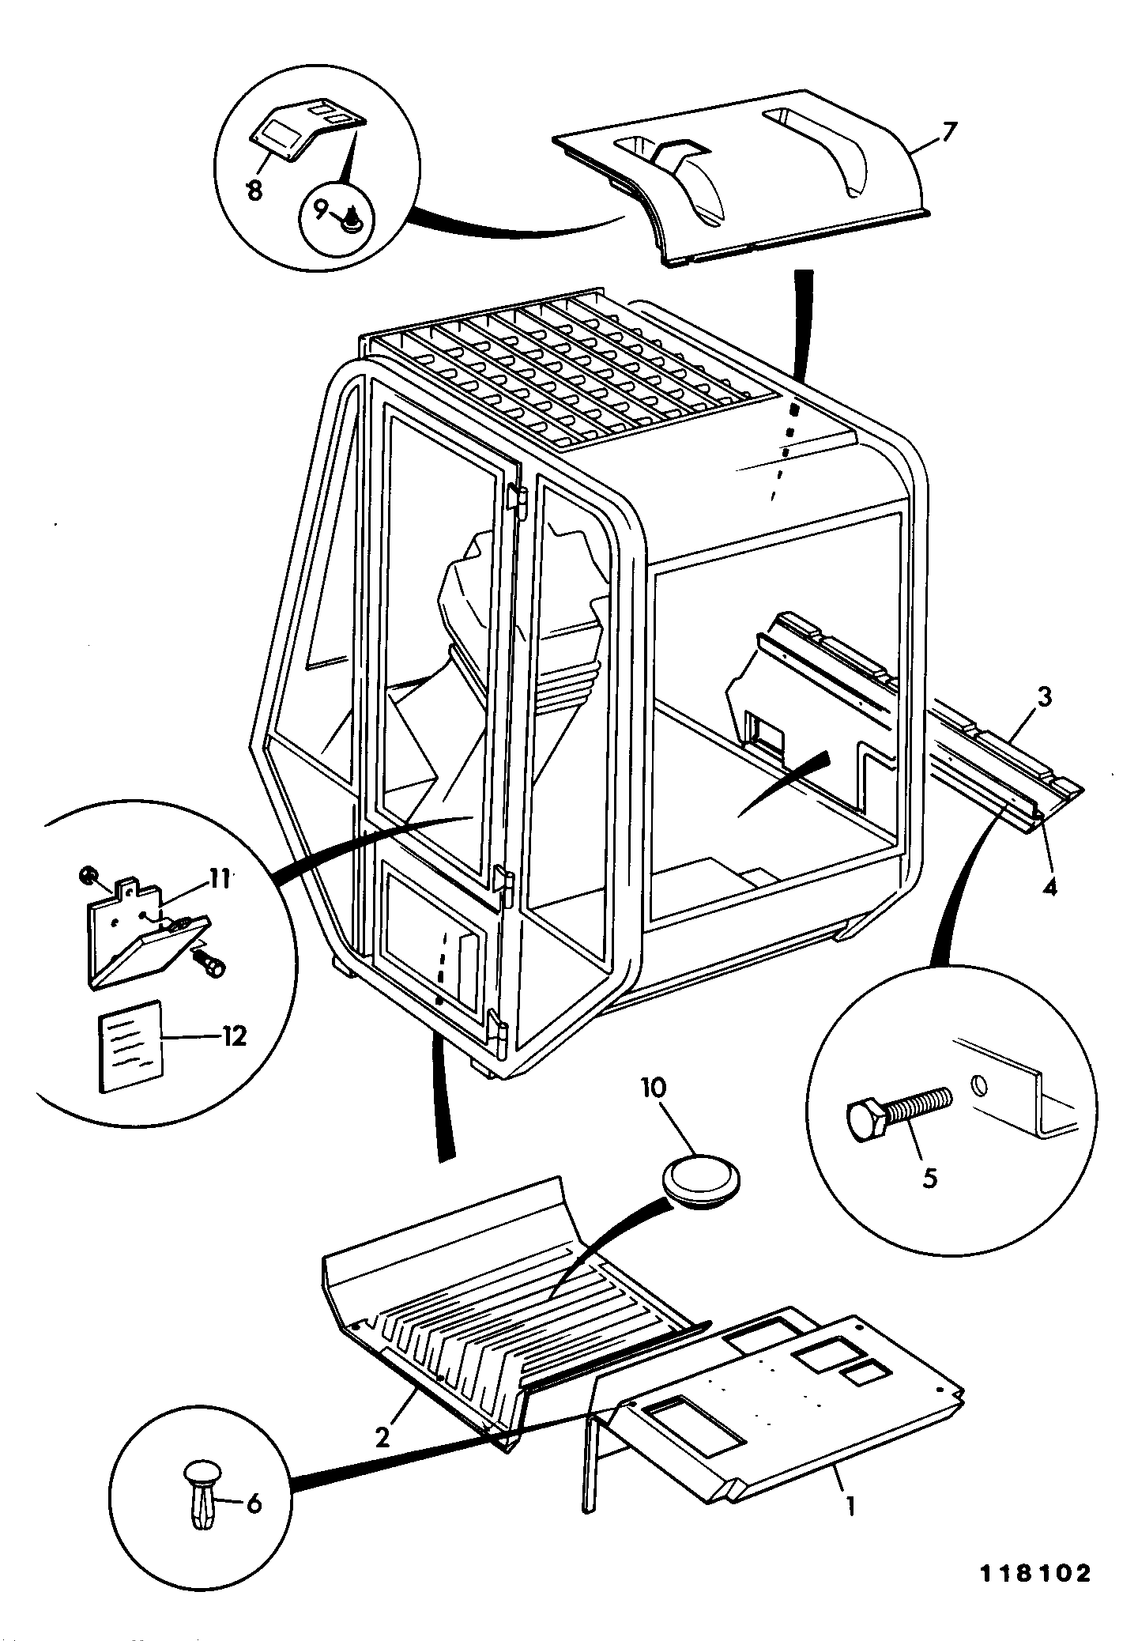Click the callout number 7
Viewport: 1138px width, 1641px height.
[x=949, y=131]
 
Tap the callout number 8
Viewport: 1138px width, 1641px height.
[x=254, y=191]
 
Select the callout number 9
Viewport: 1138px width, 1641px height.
[x=320, y=209]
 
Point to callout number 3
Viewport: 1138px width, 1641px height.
[x=1044, y=698]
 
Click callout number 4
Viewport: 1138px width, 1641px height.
[x=1049, y=887]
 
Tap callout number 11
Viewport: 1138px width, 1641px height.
[x=219, y=878]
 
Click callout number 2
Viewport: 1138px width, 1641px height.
[x=382, y=1436]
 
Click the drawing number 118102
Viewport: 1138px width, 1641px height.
[x=1035, y=1574]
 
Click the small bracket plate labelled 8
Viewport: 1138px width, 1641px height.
[x=308, y=130]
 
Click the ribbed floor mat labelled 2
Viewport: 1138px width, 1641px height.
[x=506, y=1312]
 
